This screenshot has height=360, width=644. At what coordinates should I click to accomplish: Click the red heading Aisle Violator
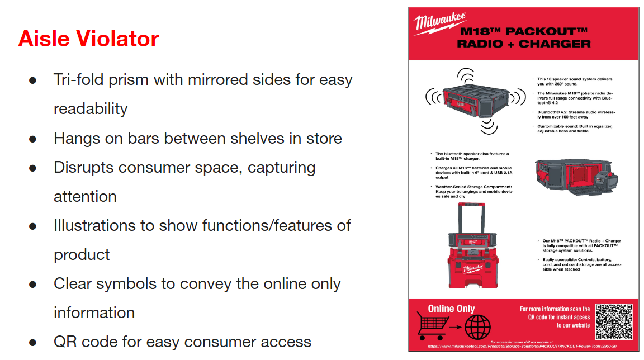(x=88, y=39)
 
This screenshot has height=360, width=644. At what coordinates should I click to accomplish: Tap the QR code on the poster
(x=613, y=321)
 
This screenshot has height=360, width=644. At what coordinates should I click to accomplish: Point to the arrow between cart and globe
(x=453, y=325)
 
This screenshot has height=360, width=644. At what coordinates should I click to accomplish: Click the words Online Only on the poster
(x=451, y=309)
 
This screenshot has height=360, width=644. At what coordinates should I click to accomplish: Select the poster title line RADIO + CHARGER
(x=523, y=44)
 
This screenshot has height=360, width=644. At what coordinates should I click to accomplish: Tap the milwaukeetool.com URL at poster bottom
(x=524, y=347)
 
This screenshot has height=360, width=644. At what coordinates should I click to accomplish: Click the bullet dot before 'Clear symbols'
(x=32, y=284)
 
